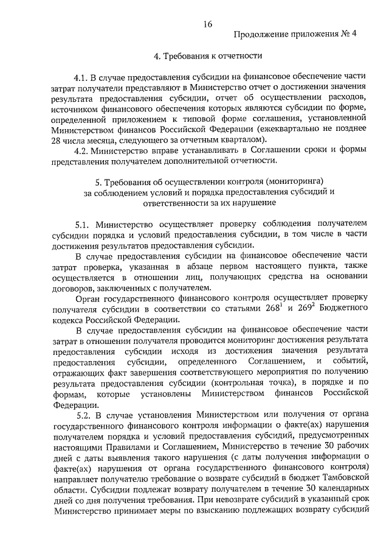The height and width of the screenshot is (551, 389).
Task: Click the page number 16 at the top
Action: pos(208,24)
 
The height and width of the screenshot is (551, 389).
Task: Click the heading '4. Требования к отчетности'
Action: pos(208,57)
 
